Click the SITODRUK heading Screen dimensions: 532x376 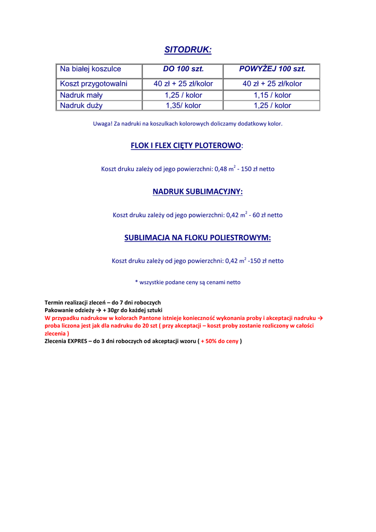tap(188, 50)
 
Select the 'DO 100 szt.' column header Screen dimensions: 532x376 tap(183, 69)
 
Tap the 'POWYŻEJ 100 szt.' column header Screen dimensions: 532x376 tap(272, 69)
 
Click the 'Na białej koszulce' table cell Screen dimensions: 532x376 tap(91, 69)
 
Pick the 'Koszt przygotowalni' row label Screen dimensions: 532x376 tap(93, 84)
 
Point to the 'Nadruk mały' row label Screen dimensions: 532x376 tap(81, 95)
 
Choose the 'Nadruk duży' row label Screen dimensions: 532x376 tap(81, 105)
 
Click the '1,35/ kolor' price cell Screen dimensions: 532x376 tap(183, 105)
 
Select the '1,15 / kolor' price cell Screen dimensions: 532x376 tap(272, 95)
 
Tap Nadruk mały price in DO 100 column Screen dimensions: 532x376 tap(183, 95)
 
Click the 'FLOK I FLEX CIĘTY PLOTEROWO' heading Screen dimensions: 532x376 tap(186, 145)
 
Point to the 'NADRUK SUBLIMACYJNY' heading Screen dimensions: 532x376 tap(197, 192)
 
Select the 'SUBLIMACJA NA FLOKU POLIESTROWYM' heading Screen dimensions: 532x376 tap(197, 238)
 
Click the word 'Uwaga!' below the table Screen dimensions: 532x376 tap(102, 124)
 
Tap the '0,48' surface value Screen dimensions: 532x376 tap(221, 169)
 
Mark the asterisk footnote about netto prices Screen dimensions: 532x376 tap(188, 282)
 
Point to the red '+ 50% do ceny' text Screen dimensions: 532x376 tap(219, 341)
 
